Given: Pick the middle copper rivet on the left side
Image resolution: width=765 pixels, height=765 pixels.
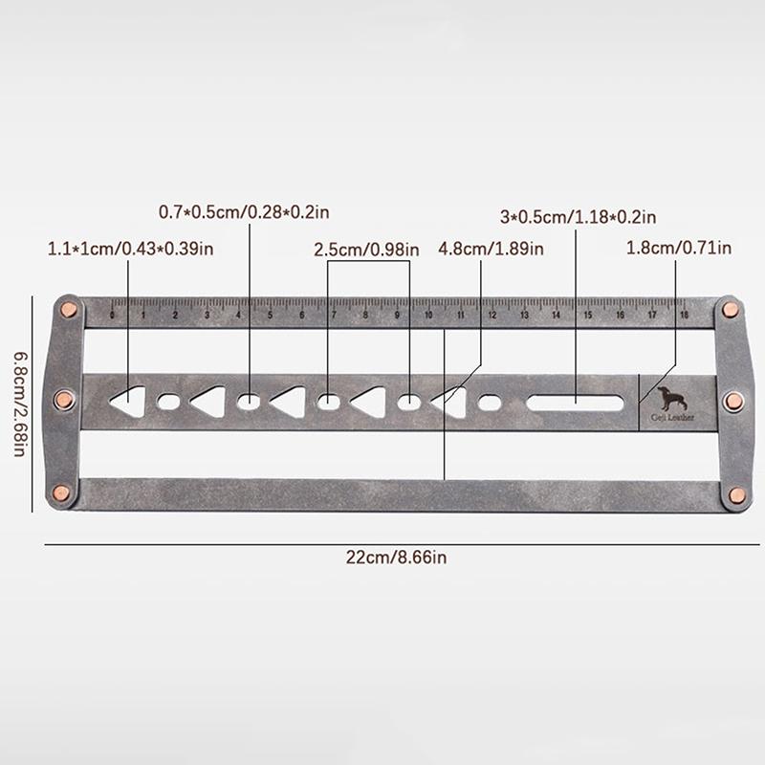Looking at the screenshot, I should pyautogui.click(x=65, y=400).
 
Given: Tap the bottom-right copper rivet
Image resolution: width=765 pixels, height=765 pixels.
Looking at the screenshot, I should pyautogui.click(x=736, y=493).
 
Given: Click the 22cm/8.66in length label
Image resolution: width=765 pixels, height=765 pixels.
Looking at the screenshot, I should pyautogui.click(x=382, y=559).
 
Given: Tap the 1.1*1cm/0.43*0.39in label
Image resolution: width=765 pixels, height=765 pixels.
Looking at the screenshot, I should pyautogui.click(x=129, y=250).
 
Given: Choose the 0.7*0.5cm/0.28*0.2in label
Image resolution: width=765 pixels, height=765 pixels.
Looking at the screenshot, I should pyautogui.click(x=249, y=211).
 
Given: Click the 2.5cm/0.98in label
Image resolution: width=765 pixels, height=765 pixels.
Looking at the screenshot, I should pyautogui.click(x=367, y=251).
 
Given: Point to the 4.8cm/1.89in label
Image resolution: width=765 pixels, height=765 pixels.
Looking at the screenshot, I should pyautogui.click(x=491, y=251).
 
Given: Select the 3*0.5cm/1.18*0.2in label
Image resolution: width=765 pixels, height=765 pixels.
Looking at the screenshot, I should pyautogui.click(x=578, y=217).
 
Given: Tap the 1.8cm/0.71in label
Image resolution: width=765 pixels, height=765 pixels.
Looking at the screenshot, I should pyautogui.click(x=679, y=250).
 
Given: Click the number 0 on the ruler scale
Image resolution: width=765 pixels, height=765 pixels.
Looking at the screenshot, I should pyautogui.click(x=112, y=313).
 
